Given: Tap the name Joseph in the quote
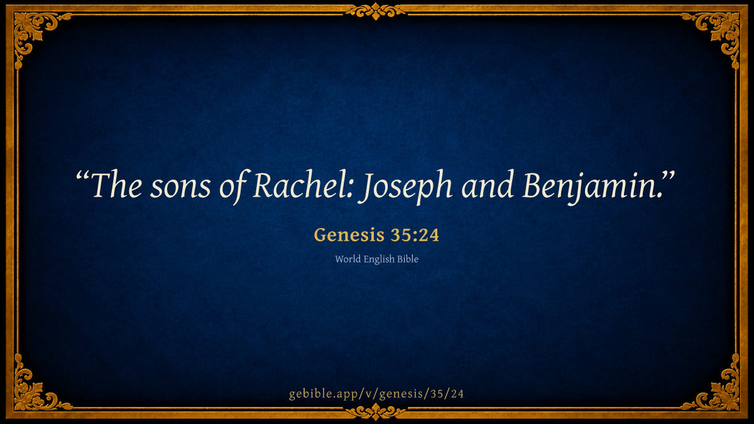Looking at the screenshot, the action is point(405,187).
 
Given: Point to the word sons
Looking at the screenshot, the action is point(180,189).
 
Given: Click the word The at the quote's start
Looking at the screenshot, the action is point(116,185).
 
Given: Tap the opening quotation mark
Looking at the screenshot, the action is point(82,177).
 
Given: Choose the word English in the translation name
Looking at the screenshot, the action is point(379,259).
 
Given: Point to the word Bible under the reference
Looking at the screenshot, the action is point(408,259).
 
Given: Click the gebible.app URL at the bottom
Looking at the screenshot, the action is point(376,394).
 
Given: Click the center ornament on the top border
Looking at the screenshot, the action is point(376,11).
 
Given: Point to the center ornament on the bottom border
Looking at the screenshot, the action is point(376,412).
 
